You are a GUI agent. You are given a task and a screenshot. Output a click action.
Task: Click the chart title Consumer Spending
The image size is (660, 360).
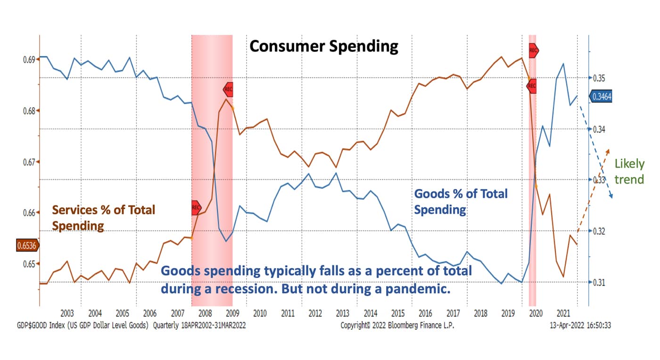(x=323, y=46)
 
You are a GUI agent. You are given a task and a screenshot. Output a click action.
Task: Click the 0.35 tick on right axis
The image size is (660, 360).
(x=600, y=78)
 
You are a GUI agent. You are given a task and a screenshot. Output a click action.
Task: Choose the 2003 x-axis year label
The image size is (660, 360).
(x=67, y=313)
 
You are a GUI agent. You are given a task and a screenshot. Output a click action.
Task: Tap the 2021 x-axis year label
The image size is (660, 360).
(x=563, y=313)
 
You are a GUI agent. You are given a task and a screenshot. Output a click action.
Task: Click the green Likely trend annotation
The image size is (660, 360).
(x=629, y=172)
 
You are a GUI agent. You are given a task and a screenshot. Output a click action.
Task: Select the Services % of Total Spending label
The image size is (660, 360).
(x=103, y=217)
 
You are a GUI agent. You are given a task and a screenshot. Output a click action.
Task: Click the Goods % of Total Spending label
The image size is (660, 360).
(x=461, y=201)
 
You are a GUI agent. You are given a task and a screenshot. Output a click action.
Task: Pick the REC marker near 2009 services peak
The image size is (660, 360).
(x=228, y=89)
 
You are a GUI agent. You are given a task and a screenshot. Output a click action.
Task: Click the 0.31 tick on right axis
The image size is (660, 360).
(x=600, y=282)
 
